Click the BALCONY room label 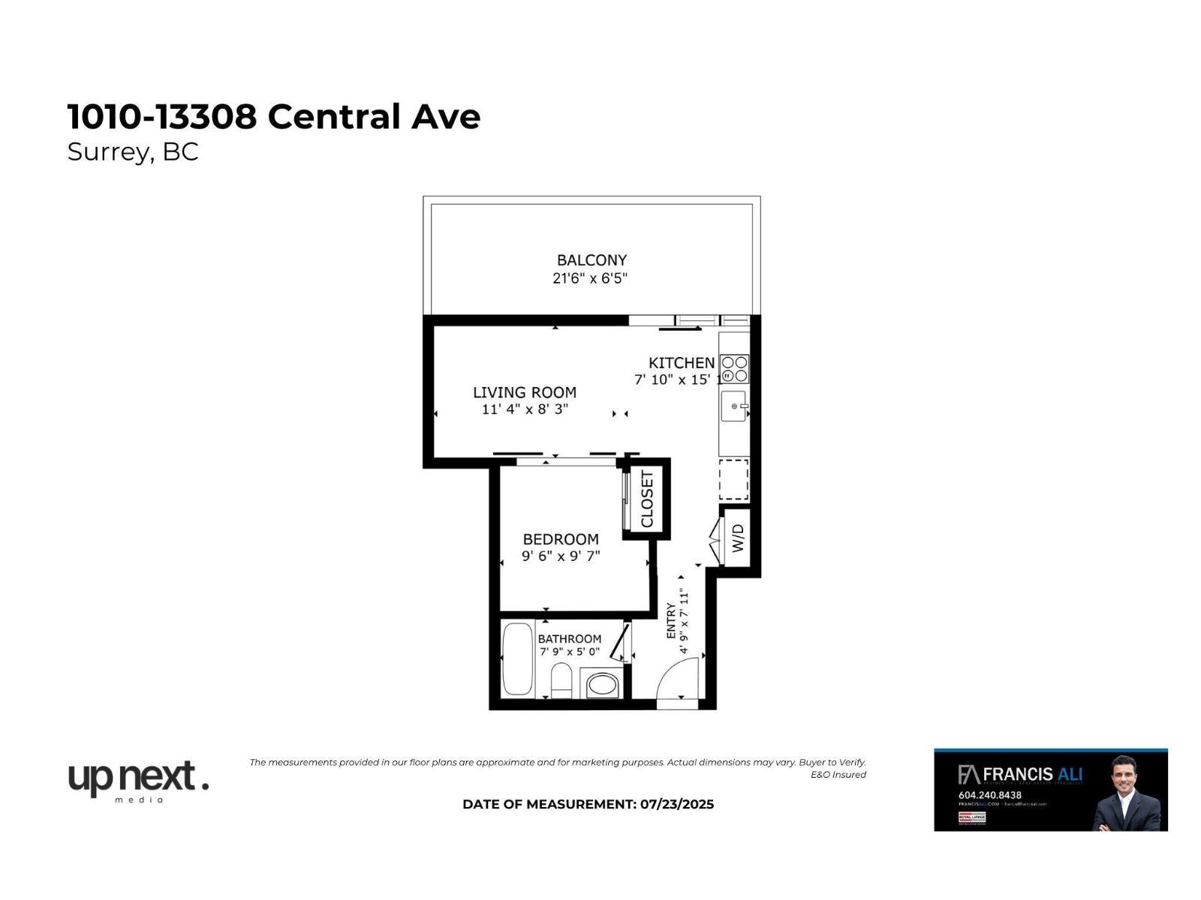tap(591, 260)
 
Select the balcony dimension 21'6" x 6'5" tap(590, 279)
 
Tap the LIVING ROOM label tap(525, 392)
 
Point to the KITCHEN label tap(682, 363)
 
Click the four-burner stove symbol tap(735, 369)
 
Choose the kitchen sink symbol tap(735, 406)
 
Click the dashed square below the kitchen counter tap(734, 479)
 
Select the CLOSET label tap(647, 499)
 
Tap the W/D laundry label tap(738, 538)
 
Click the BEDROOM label tap(561, 539)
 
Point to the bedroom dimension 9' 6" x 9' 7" tap(561, 556)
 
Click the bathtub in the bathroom tap(517, 659)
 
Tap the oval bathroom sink tap(602, 684)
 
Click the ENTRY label tap(671, 621)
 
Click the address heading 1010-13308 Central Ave tap(274, 117)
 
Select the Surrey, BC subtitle tap(133, 152)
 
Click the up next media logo tap(138, 781)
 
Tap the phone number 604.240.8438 tap(989, 795)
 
